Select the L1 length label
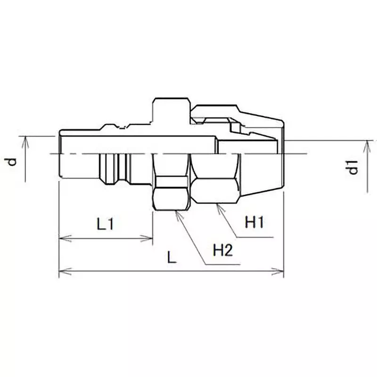click(106, 224)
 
